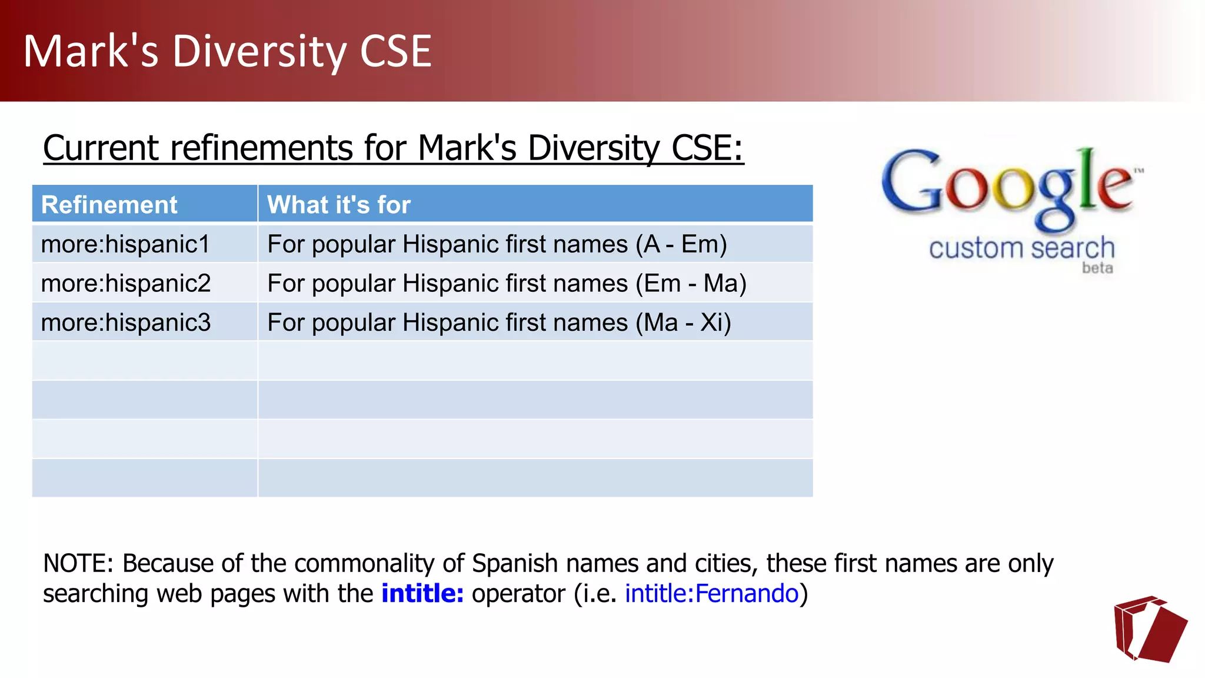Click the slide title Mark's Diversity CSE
[x=228, y=52]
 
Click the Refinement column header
[x=109, y=205]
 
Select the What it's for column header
[x=339, y=205]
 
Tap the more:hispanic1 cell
[x=125, y=244]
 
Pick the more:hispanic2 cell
[x=126, y=284]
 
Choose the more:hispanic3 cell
[x=126, y=323]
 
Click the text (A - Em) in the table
[x=681, y=244]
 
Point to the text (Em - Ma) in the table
[x=691, y=284]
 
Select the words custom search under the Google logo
[x=1021, y=248]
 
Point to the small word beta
[x=1097, y=268]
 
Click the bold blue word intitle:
[x=422, y=593]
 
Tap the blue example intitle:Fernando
[x=711, y=593]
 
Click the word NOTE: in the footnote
[x=78, y=563]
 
